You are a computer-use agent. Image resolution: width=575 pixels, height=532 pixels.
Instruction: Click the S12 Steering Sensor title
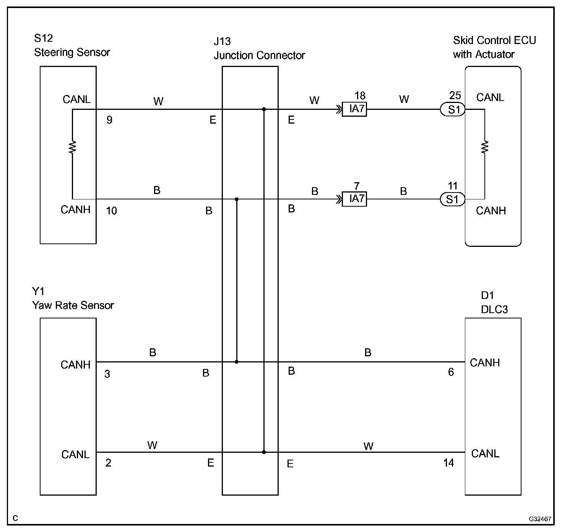pyautogui.click(x=72, y=46)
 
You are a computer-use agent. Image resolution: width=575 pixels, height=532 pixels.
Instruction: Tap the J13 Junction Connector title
pyautogui.click(x=259, y=49)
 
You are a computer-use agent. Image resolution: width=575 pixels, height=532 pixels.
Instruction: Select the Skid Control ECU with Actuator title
pyautogui.click(x=494, y=47)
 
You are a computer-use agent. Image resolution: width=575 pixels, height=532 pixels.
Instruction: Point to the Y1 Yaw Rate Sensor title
pyautogui.click(x=73, y=299)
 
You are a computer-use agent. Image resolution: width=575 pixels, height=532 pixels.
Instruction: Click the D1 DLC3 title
pyautogui.click(x=494, y=302)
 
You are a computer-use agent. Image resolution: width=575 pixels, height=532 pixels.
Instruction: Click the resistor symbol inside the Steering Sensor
pyautogui.click(x=72, y=147)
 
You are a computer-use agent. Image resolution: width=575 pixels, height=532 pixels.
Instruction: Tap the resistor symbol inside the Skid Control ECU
pyautogui.click(x=485, y=147)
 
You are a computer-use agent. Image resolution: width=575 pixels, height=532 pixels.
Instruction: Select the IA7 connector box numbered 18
pyautogui.click(x=354, y=109)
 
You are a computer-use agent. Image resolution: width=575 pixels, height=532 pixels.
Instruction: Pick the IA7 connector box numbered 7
pyautogui.click(x=354, y=199)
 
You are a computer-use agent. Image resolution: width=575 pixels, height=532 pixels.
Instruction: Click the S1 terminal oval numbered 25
pyautogui.click(x=452, y=109)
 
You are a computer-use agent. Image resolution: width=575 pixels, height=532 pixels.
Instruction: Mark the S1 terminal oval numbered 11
pyautogui.click(x=452, y=199)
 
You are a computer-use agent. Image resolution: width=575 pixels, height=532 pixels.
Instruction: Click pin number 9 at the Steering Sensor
pyautogui.click(x=109, y=120)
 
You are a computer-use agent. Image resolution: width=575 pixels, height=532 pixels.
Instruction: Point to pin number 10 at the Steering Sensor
pyautogui.click(x=111, y=211)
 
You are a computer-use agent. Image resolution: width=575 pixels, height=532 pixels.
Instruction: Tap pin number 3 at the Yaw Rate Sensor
pyautogui.click(x=107, y=374)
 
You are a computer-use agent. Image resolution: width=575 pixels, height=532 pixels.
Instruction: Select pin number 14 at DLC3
pyautogui.click(x=448, y=463)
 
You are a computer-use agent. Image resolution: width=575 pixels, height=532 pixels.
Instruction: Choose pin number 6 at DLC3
pyautogui.click(x=451, y=372)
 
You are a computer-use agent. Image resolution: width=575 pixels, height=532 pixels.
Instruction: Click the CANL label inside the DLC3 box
pyautogui.click(x=485, y=454)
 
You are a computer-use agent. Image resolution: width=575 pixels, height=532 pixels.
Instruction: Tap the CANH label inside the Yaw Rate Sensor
pyautogui.click(x=75, y=365)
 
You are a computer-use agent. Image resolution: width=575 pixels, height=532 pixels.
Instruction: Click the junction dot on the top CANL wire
pyautogui.click(x=264, y=109)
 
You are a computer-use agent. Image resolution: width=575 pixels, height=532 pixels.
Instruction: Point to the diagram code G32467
pyautogui.click(x=540, y=519)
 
